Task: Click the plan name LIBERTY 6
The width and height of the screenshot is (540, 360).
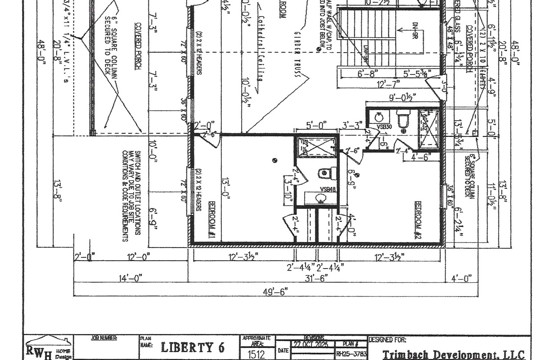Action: [x=193, y=347]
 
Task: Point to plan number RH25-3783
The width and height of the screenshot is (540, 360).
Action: [x=352, y=355]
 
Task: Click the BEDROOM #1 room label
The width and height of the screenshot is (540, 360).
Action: [x=211, y=220]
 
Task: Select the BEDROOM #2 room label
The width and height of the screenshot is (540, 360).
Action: [x=418, y=219]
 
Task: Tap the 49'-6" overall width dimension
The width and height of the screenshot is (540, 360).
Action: [x=275, y=291]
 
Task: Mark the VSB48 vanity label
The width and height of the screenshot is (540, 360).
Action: [x=328, y=189]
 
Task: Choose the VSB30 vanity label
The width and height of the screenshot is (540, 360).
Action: [x=385, y=127]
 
